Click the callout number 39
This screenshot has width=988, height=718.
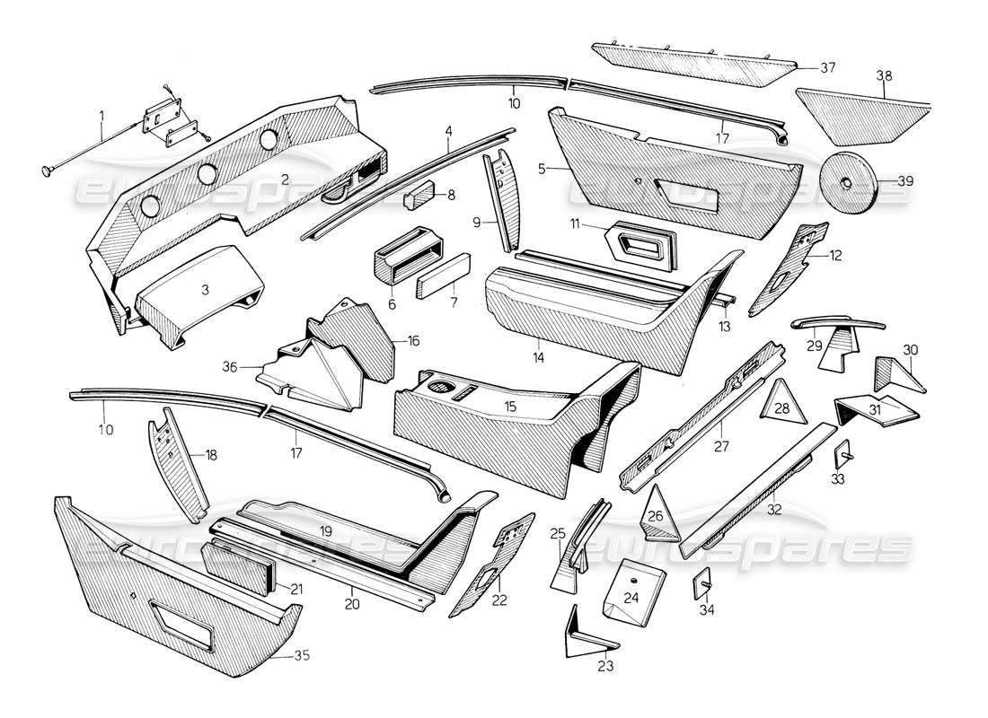tap(904, 181)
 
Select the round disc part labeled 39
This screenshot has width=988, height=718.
tap(848, 182)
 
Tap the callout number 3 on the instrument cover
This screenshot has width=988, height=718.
tap(205, 290)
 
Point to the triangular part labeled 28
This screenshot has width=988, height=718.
tap(781, 403)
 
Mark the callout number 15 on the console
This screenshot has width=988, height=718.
tap(510, 407)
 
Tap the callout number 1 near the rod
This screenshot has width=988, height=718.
tap(101, 115)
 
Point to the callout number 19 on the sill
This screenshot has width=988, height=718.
tap(324, 531)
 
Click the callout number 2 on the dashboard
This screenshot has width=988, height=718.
tap(284, 179)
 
